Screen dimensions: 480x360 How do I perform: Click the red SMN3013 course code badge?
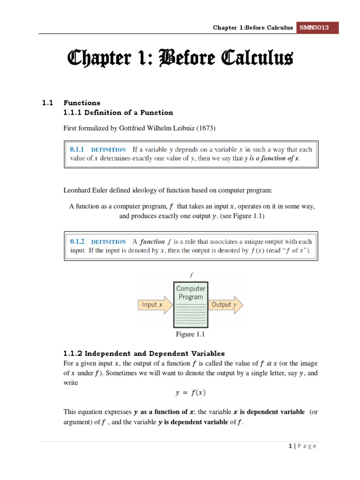click(x=318, y=28)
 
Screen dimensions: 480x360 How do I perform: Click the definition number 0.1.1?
click(x=76, y=150)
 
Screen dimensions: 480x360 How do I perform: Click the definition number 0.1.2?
click(x=76, y=242)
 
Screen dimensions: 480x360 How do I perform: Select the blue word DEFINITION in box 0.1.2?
click(x=108, y=242)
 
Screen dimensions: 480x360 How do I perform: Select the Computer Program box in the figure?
click(x=190, y=305)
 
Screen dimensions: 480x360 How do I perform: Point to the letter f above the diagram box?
click(x=190, y=276)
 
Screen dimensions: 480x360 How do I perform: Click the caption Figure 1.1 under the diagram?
click(x=190, y=334)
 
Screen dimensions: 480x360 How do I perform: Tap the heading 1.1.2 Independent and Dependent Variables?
click(x=144, y=353)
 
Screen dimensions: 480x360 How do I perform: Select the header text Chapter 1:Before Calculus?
click(x=253, y=28)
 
